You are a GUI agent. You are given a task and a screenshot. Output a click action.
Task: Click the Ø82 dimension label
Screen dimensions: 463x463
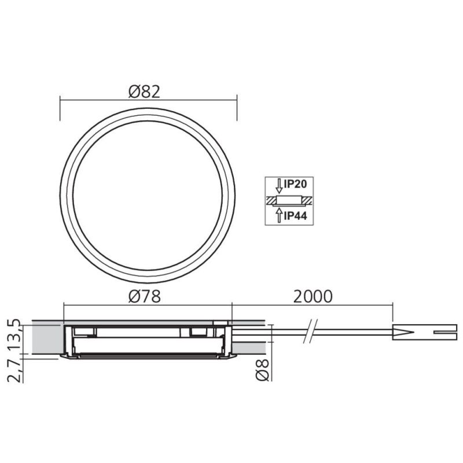[x=144, y=91]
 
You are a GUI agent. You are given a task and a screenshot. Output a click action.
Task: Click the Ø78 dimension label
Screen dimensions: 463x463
[x=145, y=296]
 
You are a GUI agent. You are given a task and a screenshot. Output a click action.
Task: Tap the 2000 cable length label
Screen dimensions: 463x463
[x=313, y=296]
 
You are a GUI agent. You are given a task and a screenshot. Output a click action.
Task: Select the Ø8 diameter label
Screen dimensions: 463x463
[x=262, y=370]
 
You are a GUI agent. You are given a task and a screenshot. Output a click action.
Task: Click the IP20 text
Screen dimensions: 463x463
[x=295, y=184]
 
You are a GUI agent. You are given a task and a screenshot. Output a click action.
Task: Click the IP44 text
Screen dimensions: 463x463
[x=295, y=216]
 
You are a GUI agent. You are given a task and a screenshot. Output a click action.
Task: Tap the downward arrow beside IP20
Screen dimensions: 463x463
[x=279, y=186]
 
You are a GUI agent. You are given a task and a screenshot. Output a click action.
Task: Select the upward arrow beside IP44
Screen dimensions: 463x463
[x=279, y=215]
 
